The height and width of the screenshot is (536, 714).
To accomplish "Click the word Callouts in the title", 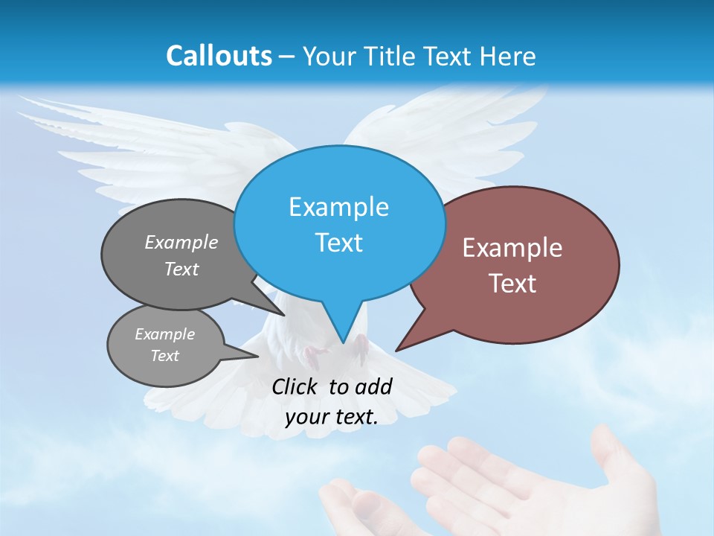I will (219, 56).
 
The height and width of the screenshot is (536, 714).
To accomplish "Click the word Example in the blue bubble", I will (338, 207).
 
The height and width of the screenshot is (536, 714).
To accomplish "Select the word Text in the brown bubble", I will (512, 284).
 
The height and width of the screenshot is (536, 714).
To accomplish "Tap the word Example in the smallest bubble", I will (164, 334).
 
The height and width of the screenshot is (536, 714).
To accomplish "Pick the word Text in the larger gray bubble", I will (181, 269).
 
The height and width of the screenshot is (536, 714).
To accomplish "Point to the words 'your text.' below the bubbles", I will (332, 417).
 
